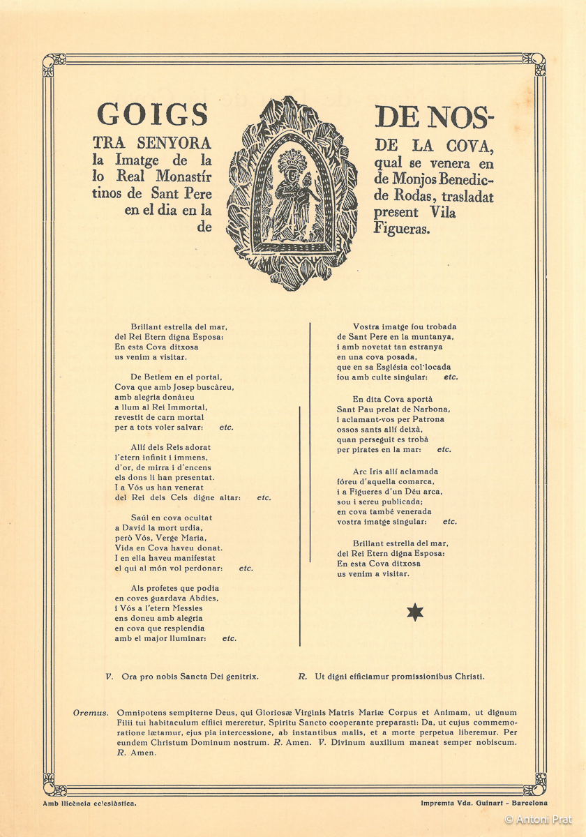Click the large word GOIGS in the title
153,114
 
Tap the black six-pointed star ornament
415,612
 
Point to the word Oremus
91,713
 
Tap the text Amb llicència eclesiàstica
89,803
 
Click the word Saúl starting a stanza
142,518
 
